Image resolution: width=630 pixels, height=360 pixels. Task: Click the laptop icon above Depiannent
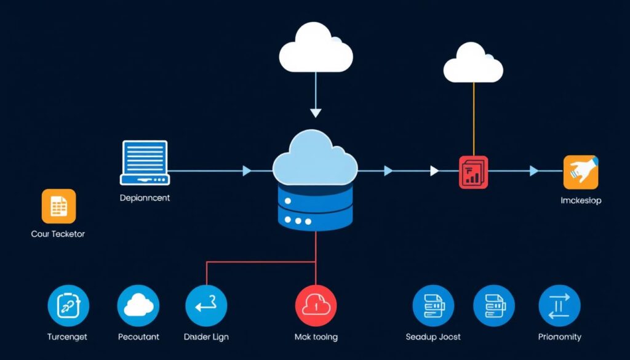pos(145,162)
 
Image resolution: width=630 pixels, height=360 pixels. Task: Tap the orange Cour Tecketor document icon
pos(58,206)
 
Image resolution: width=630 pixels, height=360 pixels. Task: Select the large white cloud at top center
pos(316,49)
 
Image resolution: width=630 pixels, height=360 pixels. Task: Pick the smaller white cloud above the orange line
pos(473,63)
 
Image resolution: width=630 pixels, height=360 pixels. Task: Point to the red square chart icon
pos(473,172)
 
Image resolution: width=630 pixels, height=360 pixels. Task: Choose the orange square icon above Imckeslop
pos(580,172)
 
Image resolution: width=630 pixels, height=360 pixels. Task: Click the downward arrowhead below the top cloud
pos(316,112)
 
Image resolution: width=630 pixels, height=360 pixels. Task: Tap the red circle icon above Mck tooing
pos(316,305)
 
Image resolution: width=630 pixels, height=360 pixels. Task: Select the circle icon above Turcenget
pos(68,305)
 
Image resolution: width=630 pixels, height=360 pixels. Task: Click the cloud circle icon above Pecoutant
pos(138,305)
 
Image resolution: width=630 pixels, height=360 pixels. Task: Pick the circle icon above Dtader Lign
pos(206,305)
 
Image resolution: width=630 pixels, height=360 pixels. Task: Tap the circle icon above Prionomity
pos(559,305)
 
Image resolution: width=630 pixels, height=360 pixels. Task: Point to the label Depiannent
pos(145,198)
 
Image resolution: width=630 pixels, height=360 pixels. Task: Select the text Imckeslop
pos(581,201)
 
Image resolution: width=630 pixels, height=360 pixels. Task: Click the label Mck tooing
pos(316,337)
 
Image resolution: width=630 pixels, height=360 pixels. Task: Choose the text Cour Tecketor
pos(58,234)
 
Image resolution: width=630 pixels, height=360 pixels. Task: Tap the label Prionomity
pos(559,337)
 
